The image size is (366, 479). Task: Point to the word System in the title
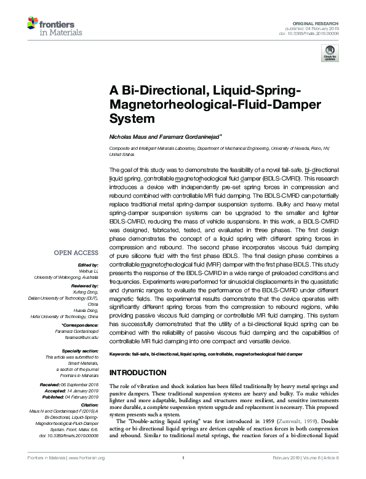127,117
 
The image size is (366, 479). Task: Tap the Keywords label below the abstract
120,355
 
